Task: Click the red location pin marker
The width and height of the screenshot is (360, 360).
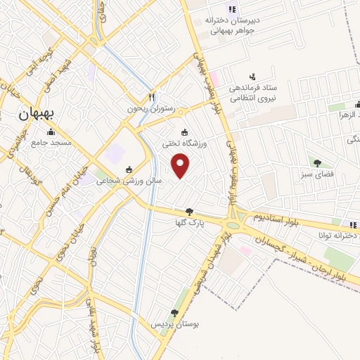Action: (181, 165)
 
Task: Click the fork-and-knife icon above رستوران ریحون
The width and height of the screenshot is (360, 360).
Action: (150, 97)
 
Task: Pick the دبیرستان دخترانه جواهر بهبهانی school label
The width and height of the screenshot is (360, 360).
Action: (232, 24)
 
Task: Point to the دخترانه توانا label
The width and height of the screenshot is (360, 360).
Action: (337, 236)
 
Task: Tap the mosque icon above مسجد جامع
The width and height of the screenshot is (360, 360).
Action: (51, 132)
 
